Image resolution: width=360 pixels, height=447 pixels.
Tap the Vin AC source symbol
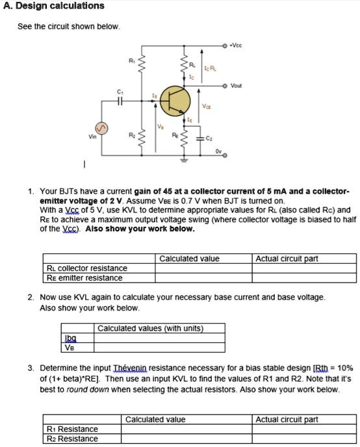point(103,125)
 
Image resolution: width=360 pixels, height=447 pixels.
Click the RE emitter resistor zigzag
point(183,138)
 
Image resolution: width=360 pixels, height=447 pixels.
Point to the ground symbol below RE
point(183,160)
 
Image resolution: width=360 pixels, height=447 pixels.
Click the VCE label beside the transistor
point(206,107)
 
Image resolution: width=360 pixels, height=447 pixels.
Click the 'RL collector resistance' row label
point(87,268)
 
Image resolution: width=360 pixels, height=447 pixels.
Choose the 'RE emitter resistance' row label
point(84,278)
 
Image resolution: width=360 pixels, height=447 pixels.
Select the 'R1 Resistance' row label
point(73,429)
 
